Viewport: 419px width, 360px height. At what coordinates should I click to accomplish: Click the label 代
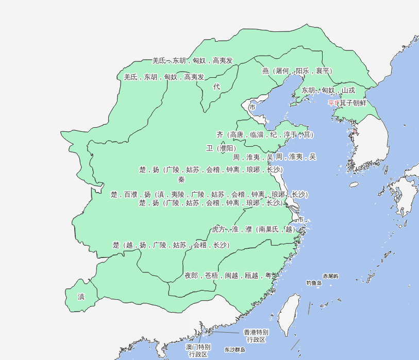pos(216,87)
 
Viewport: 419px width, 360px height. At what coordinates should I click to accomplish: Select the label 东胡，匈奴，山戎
pos(328,90)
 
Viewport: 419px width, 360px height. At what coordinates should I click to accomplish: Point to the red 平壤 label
pos(333,103)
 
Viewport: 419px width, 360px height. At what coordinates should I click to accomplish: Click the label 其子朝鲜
pos(353,103)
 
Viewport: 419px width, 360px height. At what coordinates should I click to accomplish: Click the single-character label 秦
pos(181,180)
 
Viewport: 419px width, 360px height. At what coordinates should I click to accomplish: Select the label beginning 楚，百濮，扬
pos(209,194)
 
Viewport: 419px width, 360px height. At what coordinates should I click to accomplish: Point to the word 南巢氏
pos(269,229)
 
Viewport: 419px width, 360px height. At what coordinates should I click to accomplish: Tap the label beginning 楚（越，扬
pos(171,245)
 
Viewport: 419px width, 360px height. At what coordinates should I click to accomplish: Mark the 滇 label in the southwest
pos(81,297)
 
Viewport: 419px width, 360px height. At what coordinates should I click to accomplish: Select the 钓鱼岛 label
pos(314,283)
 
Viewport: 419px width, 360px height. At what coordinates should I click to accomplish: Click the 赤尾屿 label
pos(331,277)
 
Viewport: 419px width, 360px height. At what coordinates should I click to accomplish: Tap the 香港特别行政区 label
pos(256,336)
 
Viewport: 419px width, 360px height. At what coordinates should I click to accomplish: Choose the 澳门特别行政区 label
pos(198,350)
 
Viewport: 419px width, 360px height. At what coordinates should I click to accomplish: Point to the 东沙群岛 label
pos(235,350)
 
